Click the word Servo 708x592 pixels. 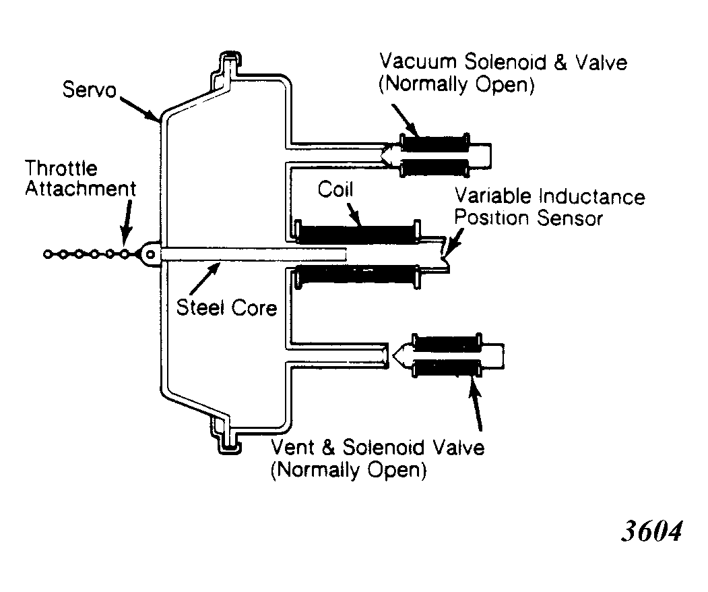pos(90,89)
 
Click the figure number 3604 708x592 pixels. pos(652,531)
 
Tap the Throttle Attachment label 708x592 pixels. pos(80,179)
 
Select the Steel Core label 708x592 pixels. pos(226,307)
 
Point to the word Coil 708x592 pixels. pos(335,189)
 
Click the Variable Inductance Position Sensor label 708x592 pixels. pos(550,207)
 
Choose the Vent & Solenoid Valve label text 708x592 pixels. pos(377,458)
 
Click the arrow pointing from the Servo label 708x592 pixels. pos(139,108)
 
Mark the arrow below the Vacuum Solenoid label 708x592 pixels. pos(406,121)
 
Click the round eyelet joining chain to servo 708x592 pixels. pos(150,254)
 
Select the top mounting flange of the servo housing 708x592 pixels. pos(230,70)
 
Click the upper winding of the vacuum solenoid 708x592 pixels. pos(435,142)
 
